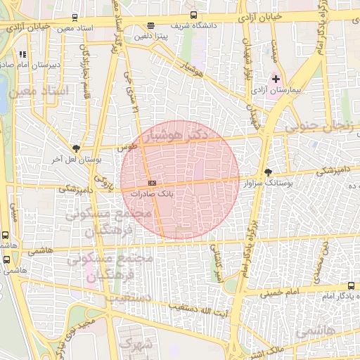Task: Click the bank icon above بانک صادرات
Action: [x=153, y=184]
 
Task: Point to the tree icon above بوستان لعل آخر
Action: [x=76, y=148]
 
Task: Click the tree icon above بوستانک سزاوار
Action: [x=267, y=172]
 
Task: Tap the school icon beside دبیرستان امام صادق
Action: [x=22, y=53]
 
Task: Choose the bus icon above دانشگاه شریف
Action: [x=193, y=15]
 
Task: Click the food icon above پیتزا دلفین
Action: [x=150, y=25]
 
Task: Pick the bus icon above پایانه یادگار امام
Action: [x=351, y=285]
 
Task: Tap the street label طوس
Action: [x=127, y=148]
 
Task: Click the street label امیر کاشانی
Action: [x=219, y=268]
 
